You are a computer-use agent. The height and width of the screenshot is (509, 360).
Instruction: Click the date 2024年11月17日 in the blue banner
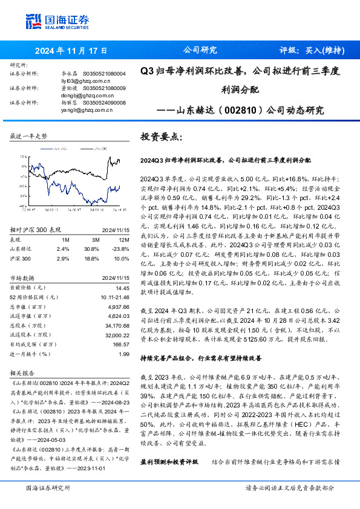71,51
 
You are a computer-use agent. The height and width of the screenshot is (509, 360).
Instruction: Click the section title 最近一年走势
28,137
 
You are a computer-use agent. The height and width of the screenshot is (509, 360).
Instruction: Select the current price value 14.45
123,288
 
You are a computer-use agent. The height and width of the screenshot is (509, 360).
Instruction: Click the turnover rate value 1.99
124,354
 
